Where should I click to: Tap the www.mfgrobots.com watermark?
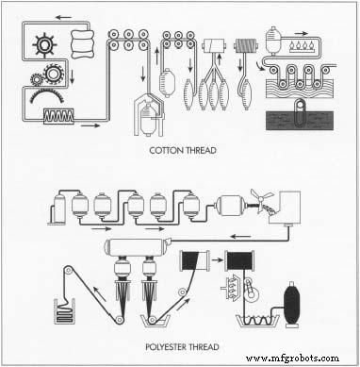(304, 358)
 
